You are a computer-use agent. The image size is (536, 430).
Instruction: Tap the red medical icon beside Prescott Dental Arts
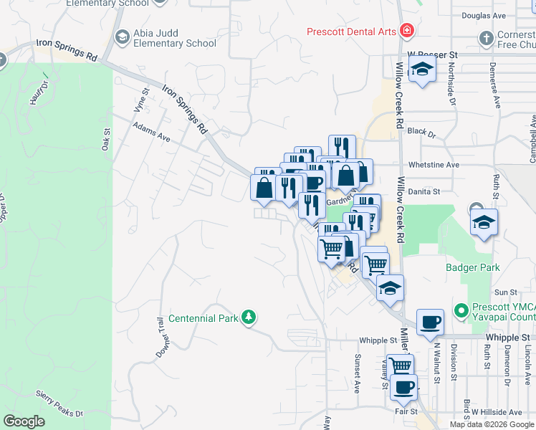[x=407, y=31]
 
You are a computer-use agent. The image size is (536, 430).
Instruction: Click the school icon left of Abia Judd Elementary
[x=122, y=37]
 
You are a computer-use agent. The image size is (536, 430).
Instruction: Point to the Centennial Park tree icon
[x=248, y=317]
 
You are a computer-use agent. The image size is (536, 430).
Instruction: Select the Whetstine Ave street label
[x=433, y=164]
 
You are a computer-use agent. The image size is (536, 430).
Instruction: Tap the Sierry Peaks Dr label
[x=59, y=404]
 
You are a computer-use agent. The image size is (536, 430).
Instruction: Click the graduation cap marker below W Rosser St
[x=422, y=70]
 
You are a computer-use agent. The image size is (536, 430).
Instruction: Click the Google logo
[x=24, y=421]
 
